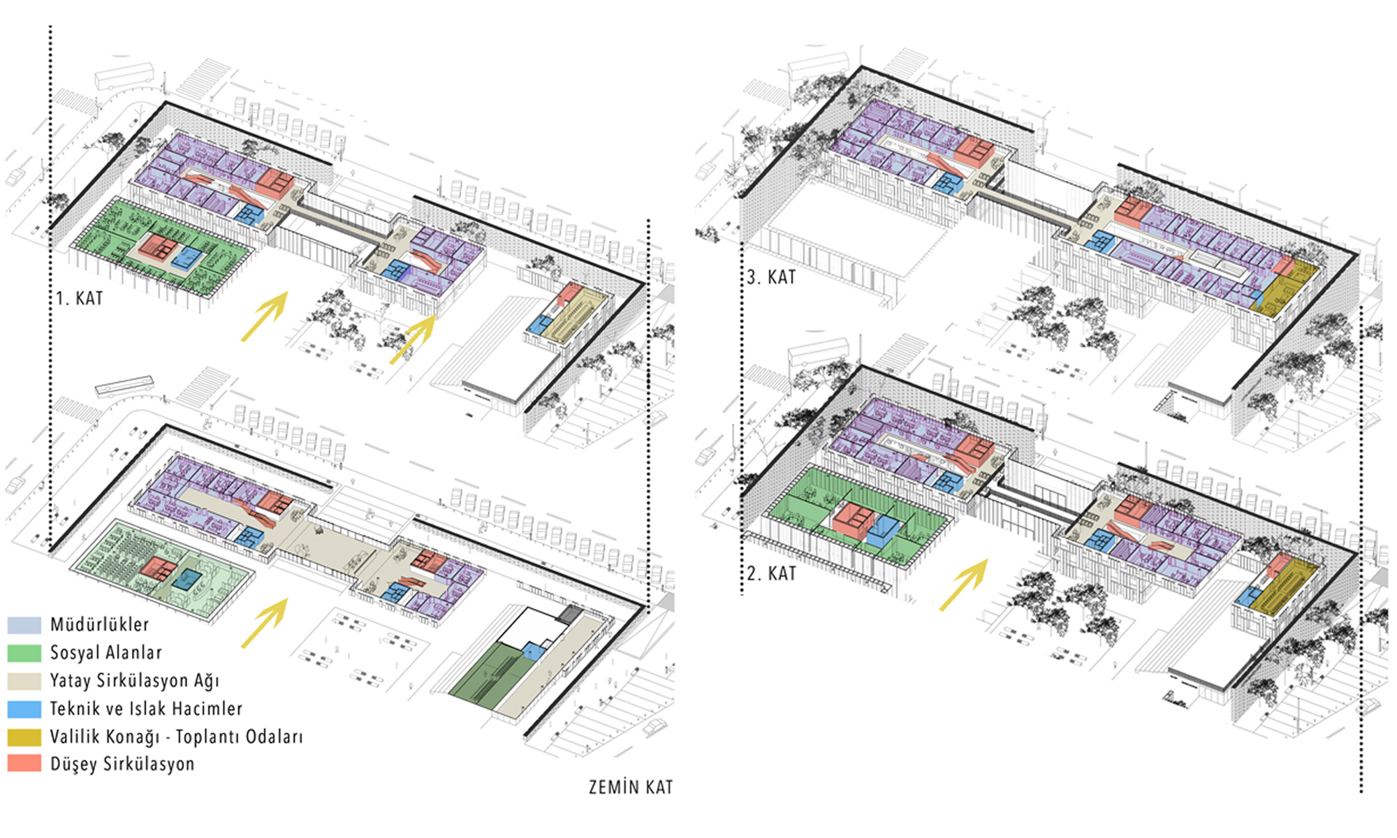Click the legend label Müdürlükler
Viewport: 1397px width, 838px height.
tap(99, 624)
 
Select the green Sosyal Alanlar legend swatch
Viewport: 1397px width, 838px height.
tap(24, 653)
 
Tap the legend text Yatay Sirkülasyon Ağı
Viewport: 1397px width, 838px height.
tap(134, 681)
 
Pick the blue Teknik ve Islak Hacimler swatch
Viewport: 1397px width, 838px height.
tap(24, 709)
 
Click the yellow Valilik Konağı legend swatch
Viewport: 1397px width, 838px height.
tap(24, 737)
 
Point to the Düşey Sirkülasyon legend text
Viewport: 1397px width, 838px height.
tap(122, 764)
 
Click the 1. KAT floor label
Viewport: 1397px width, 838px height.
tap(80, 299)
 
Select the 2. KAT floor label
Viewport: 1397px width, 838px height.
tap(771, 574)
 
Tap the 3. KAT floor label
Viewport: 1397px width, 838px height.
tap(771, 278)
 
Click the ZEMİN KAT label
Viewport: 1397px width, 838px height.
tap(631, 787)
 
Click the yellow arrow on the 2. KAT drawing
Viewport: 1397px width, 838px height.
tap(964, 585)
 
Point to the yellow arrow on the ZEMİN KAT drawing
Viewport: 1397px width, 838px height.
tap(265, 623)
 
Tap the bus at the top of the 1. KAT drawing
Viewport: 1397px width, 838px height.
tap(124, 76)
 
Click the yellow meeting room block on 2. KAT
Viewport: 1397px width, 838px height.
tap(1284, 587)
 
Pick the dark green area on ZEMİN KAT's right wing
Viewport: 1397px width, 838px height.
tap(488, 672)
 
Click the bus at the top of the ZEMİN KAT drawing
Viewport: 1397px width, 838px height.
tap(124, 387)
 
